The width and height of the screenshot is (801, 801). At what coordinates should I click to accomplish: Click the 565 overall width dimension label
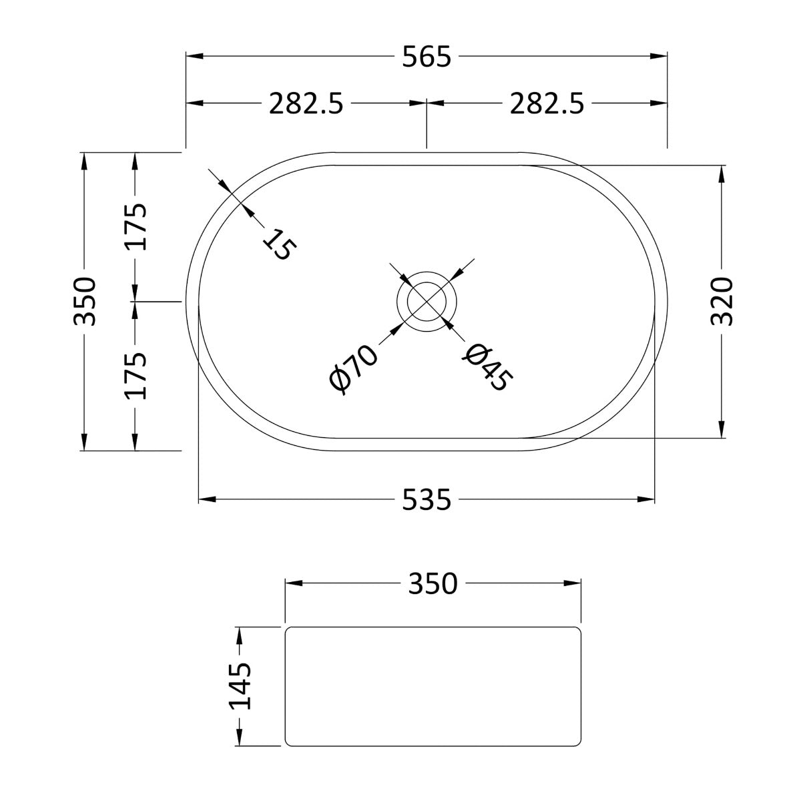pyautogui.click(x=427, y=57)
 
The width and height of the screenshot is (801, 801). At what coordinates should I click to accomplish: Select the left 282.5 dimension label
pyautogui.click(x=306, y=103)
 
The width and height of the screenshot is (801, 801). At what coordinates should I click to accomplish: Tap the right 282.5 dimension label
pyautogui.click(x=547, y=103)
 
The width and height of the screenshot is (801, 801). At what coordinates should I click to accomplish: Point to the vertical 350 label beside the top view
pyautogui.click(x=86, y=301)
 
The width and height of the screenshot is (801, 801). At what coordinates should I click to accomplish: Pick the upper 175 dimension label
pyautogui.click(x=136, y=226)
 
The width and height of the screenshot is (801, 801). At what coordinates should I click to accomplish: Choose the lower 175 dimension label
pyautogui.click(x=136, y=376)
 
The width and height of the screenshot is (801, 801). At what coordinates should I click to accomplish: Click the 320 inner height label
pyautogui.click(x=722, y=301)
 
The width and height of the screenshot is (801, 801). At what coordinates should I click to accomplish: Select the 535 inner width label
pyautogui.click(x=427, y=499)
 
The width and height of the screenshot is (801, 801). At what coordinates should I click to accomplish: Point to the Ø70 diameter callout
pyautogui.click(x=354, y=369)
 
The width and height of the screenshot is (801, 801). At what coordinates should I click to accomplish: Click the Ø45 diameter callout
pyautogui.click(x=488, y=368)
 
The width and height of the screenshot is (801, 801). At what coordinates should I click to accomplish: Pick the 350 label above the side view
pyautogui.click(x=433, y=583)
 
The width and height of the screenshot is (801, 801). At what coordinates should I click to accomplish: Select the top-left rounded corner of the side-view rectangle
pyautogui.click(x=289, y=631)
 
